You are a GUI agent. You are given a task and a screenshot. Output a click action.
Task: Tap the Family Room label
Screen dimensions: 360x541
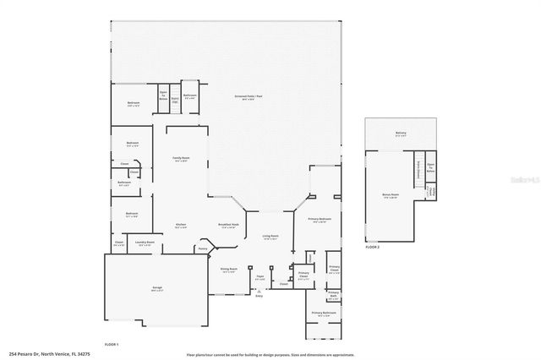click(181, 159)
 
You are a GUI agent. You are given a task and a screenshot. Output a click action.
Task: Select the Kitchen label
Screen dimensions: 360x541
click(181, 225)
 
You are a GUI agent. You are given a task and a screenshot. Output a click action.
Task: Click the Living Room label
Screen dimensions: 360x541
click(270, 237)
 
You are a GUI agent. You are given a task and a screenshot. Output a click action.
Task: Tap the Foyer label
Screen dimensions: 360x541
click(260, 276)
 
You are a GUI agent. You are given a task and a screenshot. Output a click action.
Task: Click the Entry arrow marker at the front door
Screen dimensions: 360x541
click(259, 296)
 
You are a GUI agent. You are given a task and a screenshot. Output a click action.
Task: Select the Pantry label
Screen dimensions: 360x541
click(203, 249)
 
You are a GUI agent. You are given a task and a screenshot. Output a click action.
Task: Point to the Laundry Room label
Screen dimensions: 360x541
click(145, 243)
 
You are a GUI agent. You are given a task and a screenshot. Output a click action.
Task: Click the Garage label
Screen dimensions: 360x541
click(157, 288)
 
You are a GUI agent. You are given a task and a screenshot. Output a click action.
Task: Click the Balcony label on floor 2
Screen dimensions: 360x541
click(401, 133)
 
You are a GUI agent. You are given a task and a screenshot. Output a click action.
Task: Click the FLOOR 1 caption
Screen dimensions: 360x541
click(111, 345)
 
